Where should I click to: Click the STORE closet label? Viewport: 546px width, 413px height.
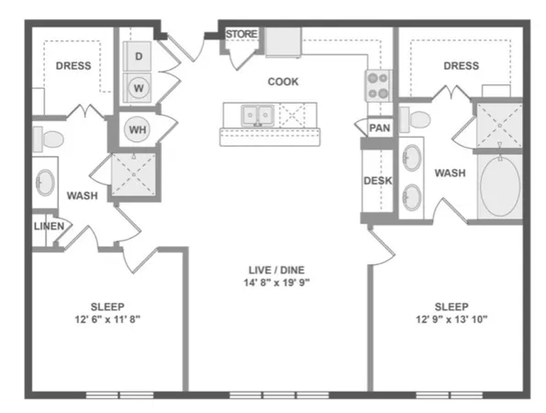(242, 35)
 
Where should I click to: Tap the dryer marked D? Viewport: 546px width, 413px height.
(139, 57)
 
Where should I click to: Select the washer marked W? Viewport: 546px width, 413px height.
(139, 89)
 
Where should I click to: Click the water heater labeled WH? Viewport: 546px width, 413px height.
(137, 129)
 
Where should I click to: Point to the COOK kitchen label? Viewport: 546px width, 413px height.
(283, 82)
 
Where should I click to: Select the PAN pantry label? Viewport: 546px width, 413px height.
(379, 128)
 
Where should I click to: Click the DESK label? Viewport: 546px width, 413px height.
(377, 181)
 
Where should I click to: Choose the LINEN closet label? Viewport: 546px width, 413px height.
(49, 226)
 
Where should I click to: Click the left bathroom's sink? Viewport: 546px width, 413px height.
(44, 183)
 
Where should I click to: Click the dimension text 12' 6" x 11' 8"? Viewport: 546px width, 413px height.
(107, 319)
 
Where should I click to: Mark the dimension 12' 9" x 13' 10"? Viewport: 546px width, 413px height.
(451, 319)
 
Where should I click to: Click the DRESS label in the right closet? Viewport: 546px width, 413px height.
(461, 65)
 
